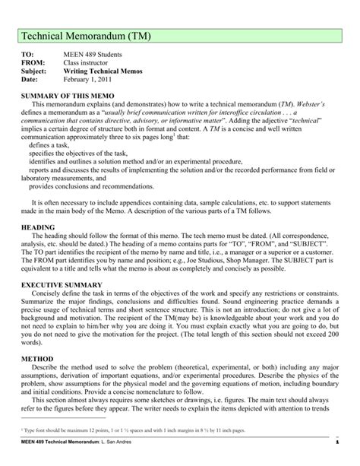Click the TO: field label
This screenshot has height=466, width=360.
point(28,57)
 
